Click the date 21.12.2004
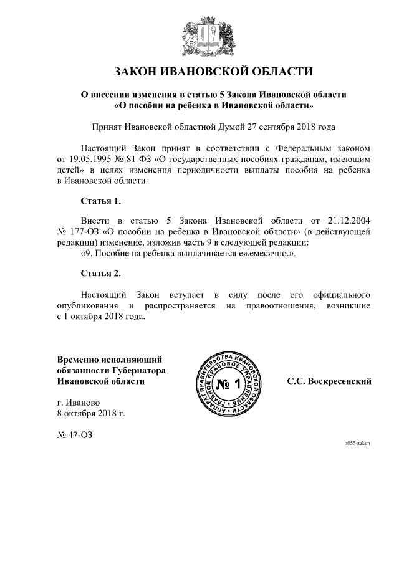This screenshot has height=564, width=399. coord(349,221)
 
